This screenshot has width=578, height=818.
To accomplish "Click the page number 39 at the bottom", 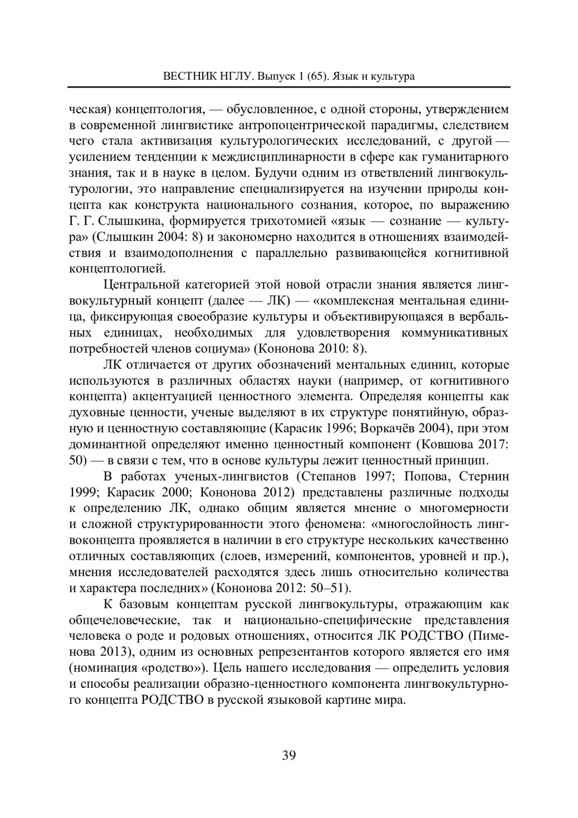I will tap(289, 755).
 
